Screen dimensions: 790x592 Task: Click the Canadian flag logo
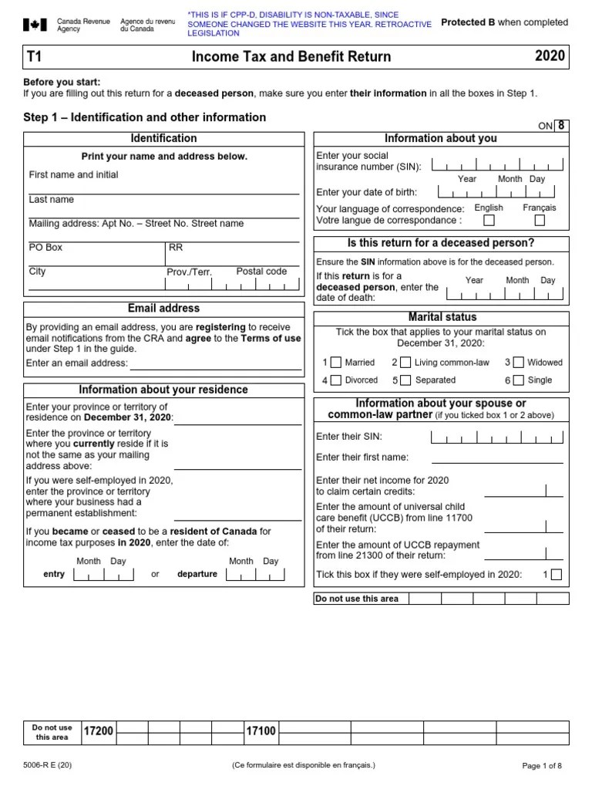[35, 25]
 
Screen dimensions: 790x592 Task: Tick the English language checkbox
[489, 221]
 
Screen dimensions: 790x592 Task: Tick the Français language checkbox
[540, 221]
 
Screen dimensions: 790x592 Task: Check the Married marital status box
[335, 362]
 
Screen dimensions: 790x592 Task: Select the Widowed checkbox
[518, 362]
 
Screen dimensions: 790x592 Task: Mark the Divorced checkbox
[335, 380]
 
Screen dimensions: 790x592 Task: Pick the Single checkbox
[518, 380]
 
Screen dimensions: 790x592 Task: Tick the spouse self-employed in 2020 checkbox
[557, 574]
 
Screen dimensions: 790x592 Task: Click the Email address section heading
[163, 308]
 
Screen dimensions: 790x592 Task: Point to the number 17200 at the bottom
[98, 731]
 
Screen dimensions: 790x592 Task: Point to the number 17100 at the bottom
[261, 731]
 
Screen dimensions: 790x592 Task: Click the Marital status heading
[442, 317]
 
